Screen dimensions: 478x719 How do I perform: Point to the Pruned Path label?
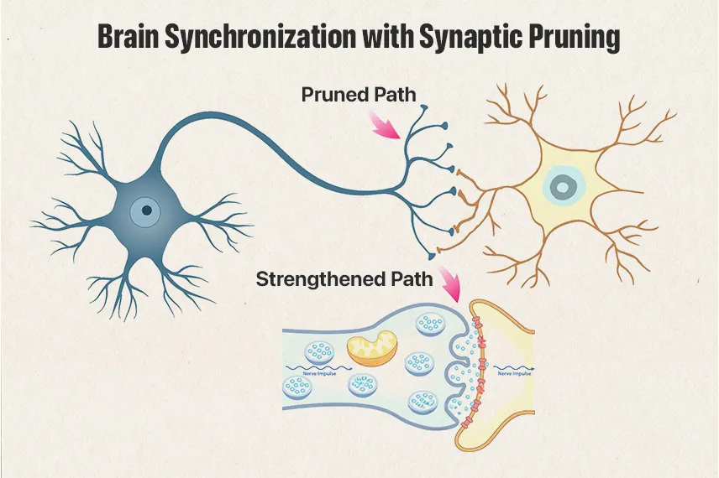click(x=359, y=95)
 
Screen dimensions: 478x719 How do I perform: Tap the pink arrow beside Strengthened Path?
click(x=452, y=287)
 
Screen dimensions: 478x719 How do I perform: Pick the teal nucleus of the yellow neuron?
click(x=559, y=185)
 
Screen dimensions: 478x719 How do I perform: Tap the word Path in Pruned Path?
click(x=395, y=95)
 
